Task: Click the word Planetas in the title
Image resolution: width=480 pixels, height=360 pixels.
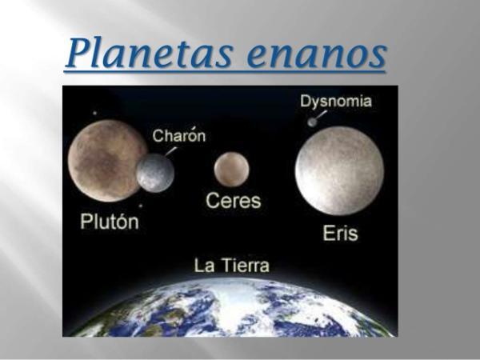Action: click(x=149, y=54)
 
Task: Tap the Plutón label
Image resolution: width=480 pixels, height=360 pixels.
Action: click(x=110, y=221)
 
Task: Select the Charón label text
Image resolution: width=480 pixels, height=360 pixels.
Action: click(x=179, y=136)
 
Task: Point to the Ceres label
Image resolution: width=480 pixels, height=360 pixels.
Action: click(x=234, y=201)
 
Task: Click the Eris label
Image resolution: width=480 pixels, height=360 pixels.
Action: click(x=341, y=233)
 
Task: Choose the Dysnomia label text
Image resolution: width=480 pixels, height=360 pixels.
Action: click(x=336, y=102)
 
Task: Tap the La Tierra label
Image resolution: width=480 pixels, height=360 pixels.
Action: click(x=232, y=265)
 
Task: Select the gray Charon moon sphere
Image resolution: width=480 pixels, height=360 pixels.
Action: click(x=155, y=173)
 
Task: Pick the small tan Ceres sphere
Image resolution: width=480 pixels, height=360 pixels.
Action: click(x=231, y=170)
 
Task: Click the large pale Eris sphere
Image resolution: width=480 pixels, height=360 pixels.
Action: click(x=339, y=171)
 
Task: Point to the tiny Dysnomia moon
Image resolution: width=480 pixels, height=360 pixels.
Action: click(x=312, y=122)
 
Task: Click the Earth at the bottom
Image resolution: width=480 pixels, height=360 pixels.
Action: click(x=230, y=308)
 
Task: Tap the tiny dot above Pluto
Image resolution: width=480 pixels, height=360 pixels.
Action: click(x=95, y=113)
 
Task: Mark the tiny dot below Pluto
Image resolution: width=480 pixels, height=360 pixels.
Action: click(x=141, y=206)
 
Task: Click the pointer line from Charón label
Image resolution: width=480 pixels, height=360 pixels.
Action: click(x=171, y=151)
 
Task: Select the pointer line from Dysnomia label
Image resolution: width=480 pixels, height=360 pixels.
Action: click(x=321, y=115)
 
